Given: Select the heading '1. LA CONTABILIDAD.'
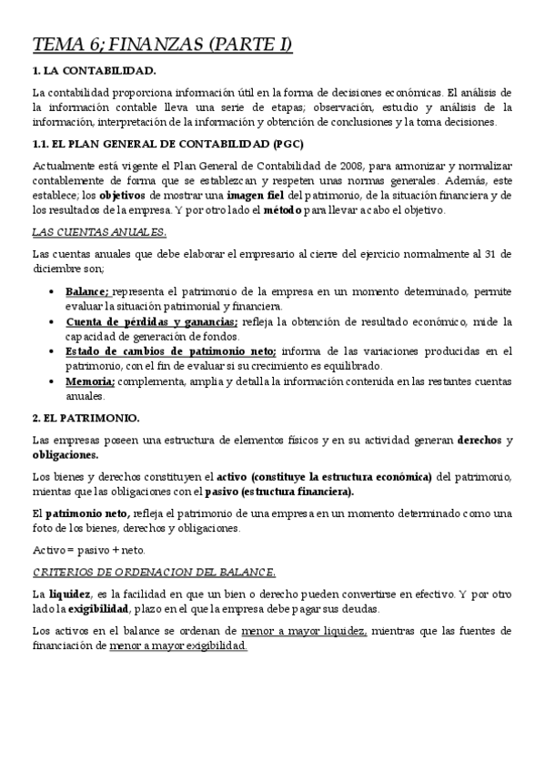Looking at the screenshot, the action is (x=94, y=70).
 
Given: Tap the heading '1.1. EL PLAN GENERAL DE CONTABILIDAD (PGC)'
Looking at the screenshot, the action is (x=167, y=144).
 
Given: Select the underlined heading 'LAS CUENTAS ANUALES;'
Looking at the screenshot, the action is (x=98, y=232).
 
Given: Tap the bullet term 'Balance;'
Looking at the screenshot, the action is (x=87, y=290).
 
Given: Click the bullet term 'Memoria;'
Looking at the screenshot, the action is (x=89, y=381).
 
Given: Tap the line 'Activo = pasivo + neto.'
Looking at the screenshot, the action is (x=87, y=550).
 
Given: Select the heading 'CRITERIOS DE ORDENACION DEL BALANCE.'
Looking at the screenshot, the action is (x=154, y=572).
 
